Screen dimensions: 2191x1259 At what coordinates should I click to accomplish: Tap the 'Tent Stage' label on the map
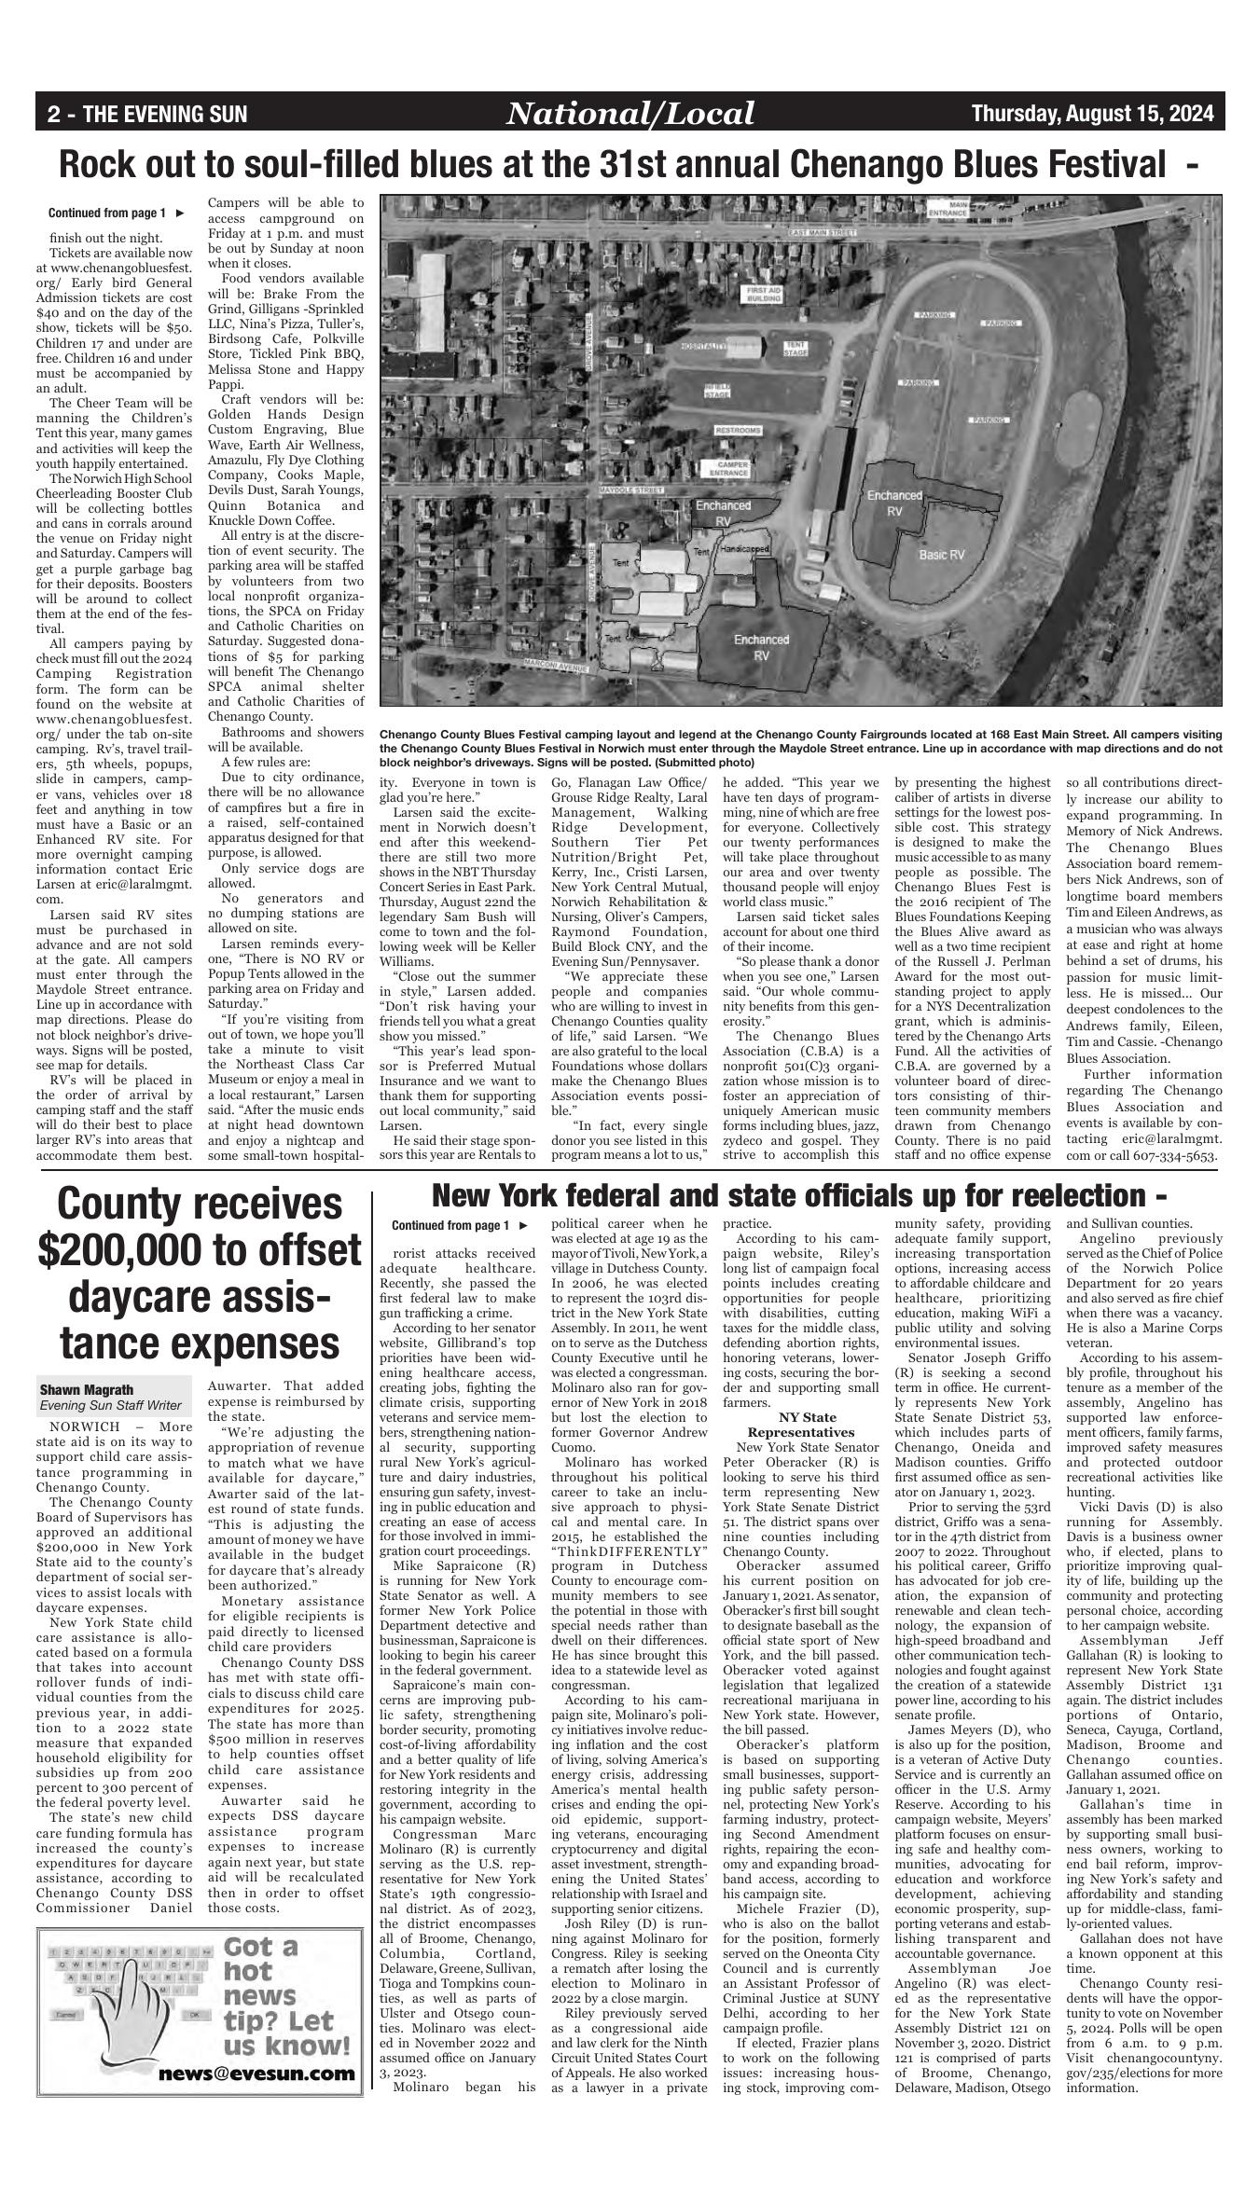(x=795, y=350)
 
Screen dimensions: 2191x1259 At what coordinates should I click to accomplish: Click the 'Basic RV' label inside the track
(x=942, y=555)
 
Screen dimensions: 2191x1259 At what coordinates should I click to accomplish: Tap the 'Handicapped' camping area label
(x=744, y=550)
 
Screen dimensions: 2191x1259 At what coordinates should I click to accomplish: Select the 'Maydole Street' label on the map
(x=631, y=489)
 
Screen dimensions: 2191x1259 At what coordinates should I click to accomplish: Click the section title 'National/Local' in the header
(x=629, y=114)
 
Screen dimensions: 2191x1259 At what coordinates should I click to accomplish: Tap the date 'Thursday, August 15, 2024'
(x=1092, y=114)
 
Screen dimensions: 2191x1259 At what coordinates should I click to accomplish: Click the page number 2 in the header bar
(x=54, y=115)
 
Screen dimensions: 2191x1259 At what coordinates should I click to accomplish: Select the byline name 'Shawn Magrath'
(x=87, y=1390)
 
